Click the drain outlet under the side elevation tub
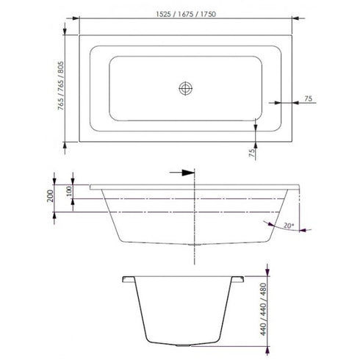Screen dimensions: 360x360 [192, 245]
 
